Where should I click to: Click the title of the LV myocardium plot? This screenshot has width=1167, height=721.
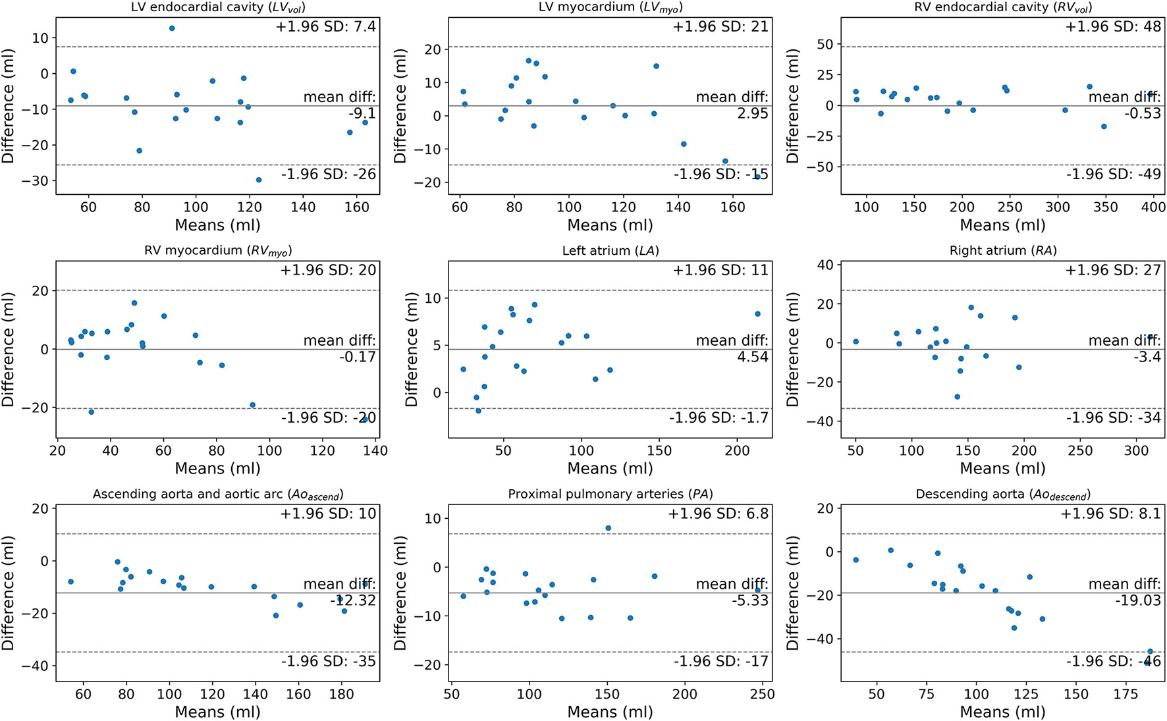tap(610, 8)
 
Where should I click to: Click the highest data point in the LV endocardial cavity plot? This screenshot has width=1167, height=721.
tap(172, 28)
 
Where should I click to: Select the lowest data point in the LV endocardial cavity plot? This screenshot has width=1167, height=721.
tap(259, 180)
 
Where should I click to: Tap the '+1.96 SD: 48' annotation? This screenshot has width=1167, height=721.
tap(1113, 27)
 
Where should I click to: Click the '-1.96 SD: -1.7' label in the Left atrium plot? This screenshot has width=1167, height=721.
tap(719, 417)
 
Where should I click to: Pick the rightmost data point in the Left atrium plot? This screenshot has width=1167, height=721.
tap(757, 314)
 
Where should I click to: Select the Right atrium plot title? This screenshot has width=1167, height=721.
tap(1002, 251)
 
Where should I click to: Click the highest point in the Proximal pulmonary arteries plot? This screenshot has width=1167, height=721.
tap(608, 528)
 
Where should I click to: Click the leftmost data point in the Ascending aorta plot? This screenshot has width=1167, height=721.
tap(70, 581)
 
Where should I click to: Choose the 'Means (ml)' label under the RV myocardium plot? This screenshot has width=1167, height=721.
tap(217, 469)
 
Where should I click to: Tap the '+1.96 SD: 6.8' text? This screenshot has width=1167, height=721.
tap(719, 514)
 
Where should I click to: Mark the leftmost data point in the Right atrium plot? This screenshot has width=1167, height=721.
tap(855, 342)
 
